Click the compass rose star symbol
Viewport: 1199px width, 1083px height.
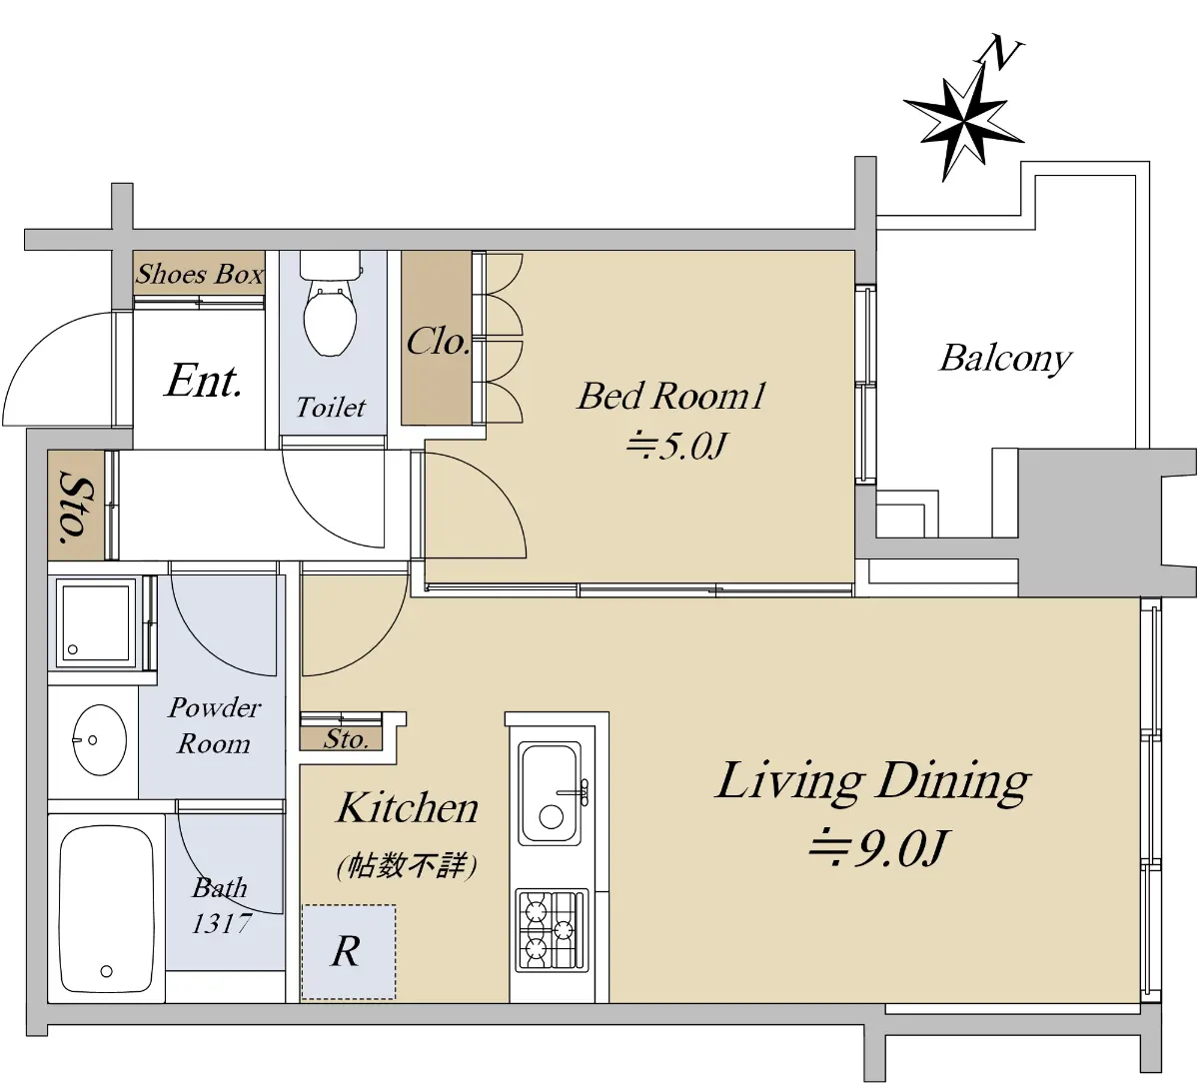963,124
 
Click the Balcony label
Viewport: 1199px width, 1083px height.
1006,360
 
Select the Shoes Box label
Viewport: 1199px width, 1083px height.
199,274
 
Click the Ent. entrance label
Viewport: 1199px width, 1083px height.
204,381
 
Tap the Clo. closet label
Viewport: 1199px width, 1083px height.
438,342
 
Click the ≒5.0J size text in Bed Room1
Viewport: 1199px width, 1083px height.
676,446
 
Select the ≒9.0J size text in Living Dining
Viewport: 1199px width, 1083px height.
877,848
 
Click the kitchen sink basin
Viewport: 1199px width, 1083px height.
550,793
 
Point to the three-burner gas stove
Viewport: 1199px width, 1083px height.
553,930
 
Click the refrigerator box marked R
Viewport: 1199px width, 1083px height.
349,951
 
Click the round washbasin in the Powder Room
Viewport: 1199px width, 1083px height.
99,740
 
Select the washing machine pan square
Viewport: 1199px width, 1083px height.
94,622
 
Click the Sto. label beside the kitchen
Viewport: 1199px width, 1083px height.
346,740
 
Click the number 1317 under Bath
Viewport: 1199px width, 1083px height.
221,924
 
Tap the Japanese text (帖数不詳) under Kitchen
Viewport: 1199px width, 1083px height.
407,866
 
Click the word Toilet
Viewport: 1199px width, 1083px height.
331,408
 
